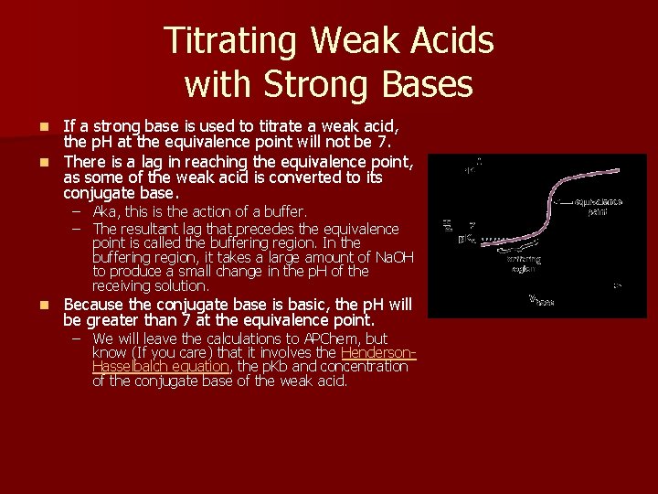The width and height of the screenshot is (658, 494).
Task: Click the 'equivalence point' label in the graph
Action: click(599, 206)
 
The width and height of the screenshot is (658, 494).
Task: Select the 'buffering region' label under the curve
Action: click(524, 263)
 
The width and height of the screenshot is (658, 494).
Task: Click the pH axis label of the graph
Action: click(447, 224)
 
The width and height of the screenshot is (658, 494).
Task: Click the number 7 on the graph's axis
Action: click(472, 224)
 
